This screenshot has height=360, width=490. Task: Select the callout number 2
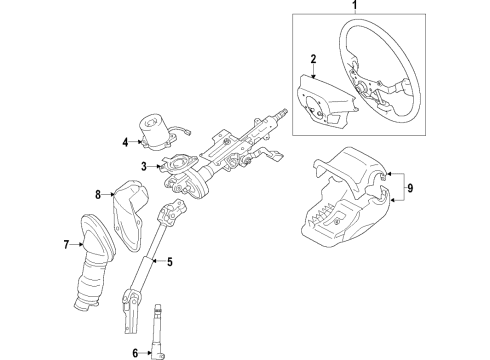pos(312,60)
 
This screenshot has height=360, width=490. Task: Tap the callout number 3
pos(144,166)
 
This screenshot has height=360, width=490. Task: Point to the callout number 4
pos(126,143)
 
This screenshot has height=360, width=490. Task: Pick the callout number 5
pos(170,263)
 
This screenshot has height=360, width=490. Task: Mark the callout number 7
pos(66,244)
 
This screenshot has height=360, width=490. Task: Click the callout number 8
pos(99,194)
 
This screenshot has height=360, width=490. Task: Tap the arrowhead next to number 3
pos(155,166)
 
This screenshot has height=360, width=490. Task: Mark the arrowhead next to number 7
pos(79,244)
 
